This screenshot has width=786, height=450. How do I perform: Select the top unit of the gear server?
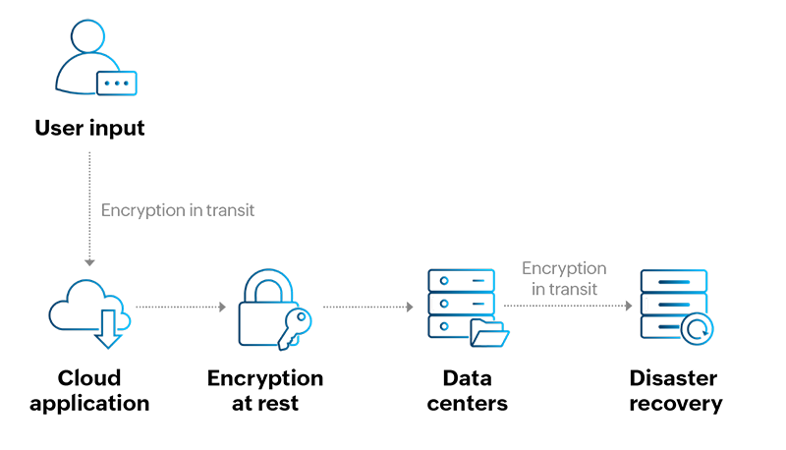673,282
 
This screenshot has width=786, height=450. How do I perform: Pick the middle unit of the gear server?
673,306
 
